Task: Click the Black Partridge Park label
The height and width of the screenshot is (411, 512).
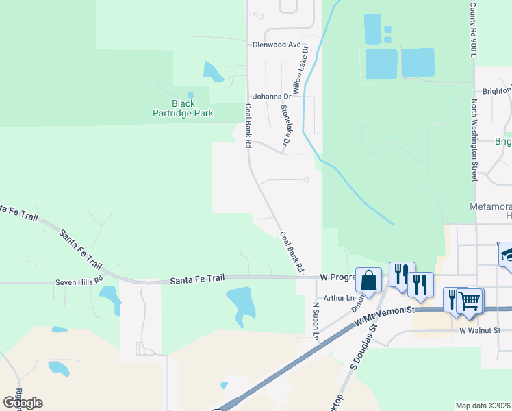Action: tap(183, 108)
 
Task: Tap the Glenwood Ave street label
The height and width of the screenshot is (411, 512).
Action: tap(277, 45)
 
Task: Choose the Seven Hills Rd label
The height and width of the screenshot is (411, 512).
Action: tap(79, 282)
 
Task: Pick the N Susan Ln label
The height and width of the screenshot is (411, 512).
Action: tap(316, 322)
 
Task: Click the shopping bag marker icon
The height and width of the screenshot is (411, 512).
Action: tap(368, 279)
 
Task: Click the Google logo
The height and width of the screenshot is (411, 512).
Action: tap(23, 402)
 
